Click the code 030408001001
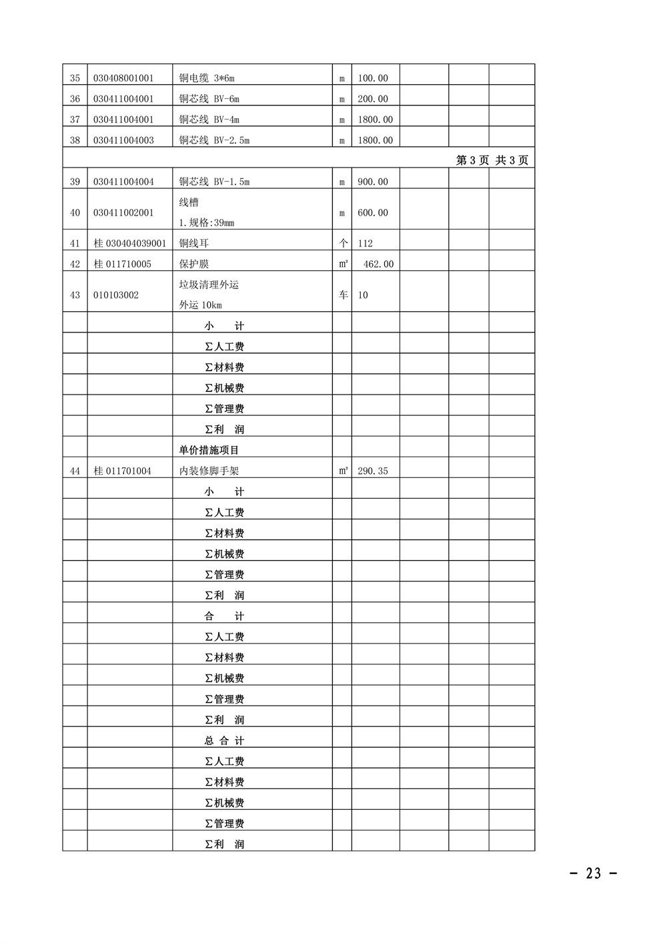123,78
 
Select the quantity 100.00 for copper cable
372,78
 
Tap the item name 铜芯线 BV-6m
209,99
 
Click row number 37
75,120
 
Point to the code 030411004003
123,140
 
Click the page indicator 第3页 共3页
492,160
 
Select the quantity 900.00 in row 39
372,182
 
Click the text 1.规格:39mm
206,222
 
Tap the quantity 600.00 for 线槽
372,212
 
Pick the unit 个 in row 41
343,243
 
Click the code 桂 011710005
123,264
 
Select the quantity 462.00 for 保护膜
378,264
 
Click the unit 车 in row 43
343,294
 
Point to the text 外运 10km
200,305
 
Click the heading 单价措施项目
209,450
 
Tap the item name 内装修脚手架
209,471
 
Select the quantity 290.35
372,471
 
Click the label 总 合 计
224,740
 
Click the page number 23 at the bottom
593,873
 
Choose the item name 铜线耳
193,243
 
